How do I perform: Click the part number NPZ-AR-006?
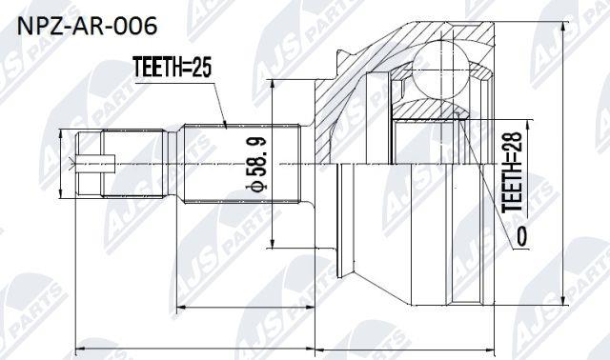coord(87,26)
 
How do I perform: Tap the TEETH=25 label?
coord(172,67)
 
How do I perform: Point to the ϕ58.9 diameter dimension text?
coord(256,164)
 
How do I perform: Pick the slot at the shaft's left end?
coord(95,164)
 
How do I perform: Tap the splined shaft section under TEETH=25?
coord(242,163)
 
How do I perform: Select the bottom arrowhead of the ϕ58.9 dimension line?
coord(273,243)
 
